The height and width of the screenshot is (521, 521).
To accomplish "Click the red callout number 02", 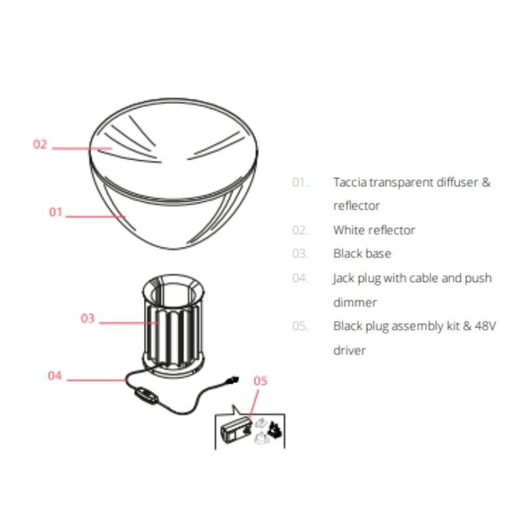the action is click(x=40, y=144).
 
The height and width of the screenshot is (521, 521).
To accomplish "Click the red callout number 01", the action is click(x=55, y=212).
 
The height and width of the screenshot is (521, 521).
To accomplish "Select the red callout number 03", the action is click(x=88, y=318).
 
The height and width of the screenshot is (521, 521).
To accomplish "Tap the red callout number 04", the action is click(x=55, y=376).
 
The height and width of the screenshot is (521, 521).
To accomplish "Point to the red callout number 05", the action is click(x=260, y=381).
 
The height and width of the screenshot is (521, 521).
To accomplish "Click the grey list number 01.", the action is click(x=300, y=182).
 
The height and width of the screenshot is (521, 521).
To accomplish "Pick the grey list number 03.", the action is click(x=300, y=253).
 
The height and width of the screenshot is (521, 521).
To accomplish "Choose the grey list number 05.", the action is click(x=300, y=326).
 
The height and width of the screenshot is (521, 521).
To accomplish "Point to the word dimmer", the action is click(x=355, y=302).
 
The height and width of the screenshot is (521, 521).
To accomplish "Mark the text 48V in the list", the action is click(x=485, y=326).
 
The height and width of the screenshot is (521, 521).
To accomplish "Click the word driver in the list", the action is click(x=350, y=350).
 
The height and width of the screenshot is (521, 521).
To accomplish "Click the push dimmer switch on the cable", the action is click(x=146, y=396).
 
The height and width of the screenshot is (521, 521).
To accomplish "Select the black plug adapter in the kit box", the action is click(x=275, y=430).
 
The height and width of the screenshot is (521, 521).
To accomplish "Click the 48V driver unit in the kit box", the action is click(x=236, y=430).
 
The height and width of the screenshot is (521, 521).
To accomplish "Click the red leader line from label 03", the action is click(x=129, y=322).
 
